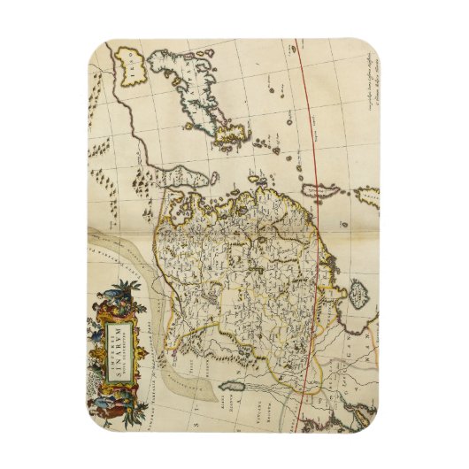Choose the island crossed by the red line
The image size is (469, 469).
315,190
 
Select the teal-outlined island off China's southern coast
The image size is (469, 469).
234,388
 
